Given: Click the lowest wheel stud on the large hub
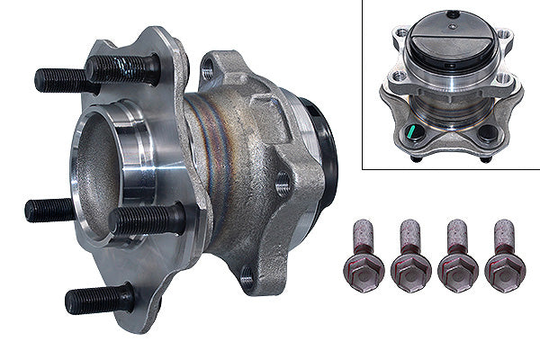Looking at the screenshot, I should click(99, 299).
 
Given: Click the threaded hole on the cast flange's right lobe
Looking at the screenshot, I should click(283, 185).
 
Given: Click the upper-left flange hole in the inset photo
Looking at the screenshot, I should click(399, 36).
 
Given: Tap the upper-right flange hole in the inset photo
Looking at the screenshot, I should click(505, 38).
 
